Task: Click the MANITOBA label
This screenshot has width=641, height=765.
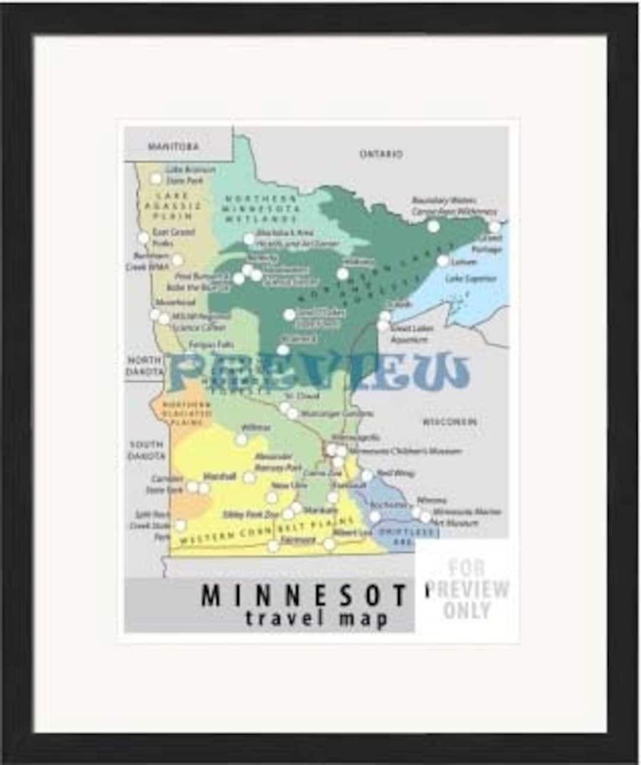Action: pos(173,146)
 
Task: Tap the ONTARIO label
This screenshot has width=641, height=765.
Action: pos(380,154)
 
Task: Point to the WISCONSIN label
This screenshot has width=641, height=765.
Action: pos(449,422)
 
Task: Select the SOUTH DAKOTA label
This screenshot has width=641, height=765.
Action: pos(147,450)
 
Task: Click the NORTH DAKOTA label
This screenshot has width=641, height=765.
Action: pos(144,366)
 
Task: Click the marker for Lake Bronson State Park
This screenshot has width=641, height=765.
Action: pos(156,178)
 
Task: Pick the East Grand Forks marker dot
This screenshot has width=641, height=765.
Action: pos(144,238)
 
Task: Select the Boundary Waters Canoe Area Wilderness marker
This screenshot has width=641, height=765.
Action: pos(434,226)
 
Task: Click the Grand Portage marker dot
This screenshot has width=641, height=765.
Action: pos(494,227)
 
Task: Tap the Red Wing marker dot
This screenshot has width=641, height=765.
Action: pos(367,475)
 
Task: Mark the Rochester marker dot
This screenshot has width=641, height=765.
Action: pos(375,516)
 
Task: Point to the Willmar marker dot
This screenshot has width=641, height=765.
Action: pos(241,439)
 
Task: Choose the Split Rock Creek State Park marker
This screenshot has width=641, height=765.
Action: pos(180,525)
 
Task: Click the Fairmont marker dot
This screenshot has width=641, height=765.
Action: pos(273,546)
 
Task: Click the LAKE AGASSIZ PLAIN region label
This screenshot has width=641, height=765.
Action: pos(173,205)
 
